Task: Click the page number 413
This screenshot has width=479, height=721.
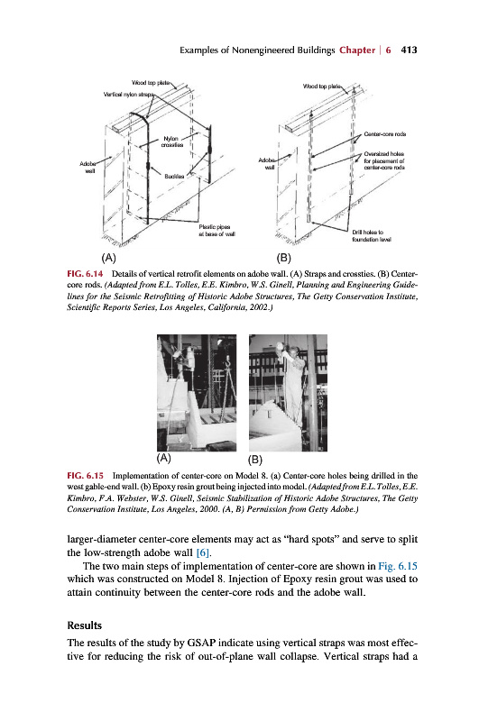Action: click(x=409, y=50)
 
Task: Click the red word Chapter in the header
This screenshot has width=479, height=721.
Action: click(x=357, y=50)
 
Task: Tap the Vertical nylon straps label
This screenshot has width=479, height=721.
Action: click(x=128, y=95)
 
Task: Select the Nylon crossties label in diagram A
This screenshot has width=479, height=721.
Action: click(x=171, y=141)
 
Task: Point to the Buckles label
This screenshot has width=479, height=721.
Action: click(x=174, y=176)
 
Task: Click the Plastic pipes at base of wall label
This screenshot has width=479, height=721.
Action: click(x=216, y=231)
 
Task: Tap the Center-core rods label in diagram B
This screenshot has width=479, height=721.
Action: click(x=384, y=133)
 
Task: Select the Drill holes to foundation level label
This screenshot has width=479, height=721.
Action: click(x=372, y=236)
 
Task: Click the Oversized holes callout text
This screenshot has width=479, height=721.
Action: click(x=384, y=160)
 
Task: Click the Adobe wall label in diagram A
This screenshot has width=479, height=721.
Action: click(x=88, y=167)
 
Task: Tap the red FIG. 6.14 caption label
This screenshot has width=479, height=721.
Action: click(x=85, y=274)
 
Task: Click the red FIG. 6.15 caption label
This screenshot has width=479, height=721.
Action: click(x=85, y=476)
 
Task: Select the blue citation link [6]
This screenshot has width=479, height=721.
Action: click(x=203, y=552)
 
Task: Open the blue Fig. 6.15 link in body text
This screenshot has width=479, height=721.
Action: click(x=398, y=566)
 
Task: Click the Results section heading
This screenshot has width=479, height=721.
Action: click(x=84, y=625)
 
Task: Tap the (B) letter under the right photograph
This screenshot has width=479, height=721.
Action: click(x=255, y=459)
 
